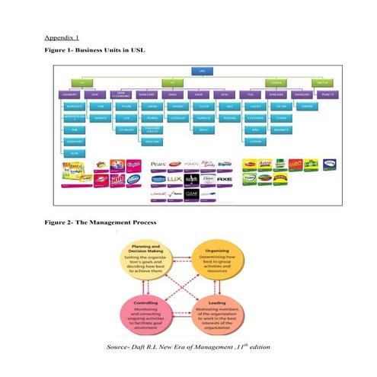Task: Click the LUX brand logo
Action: tap(180, 179)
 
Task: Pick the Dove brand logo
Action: tap(200, 179)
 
